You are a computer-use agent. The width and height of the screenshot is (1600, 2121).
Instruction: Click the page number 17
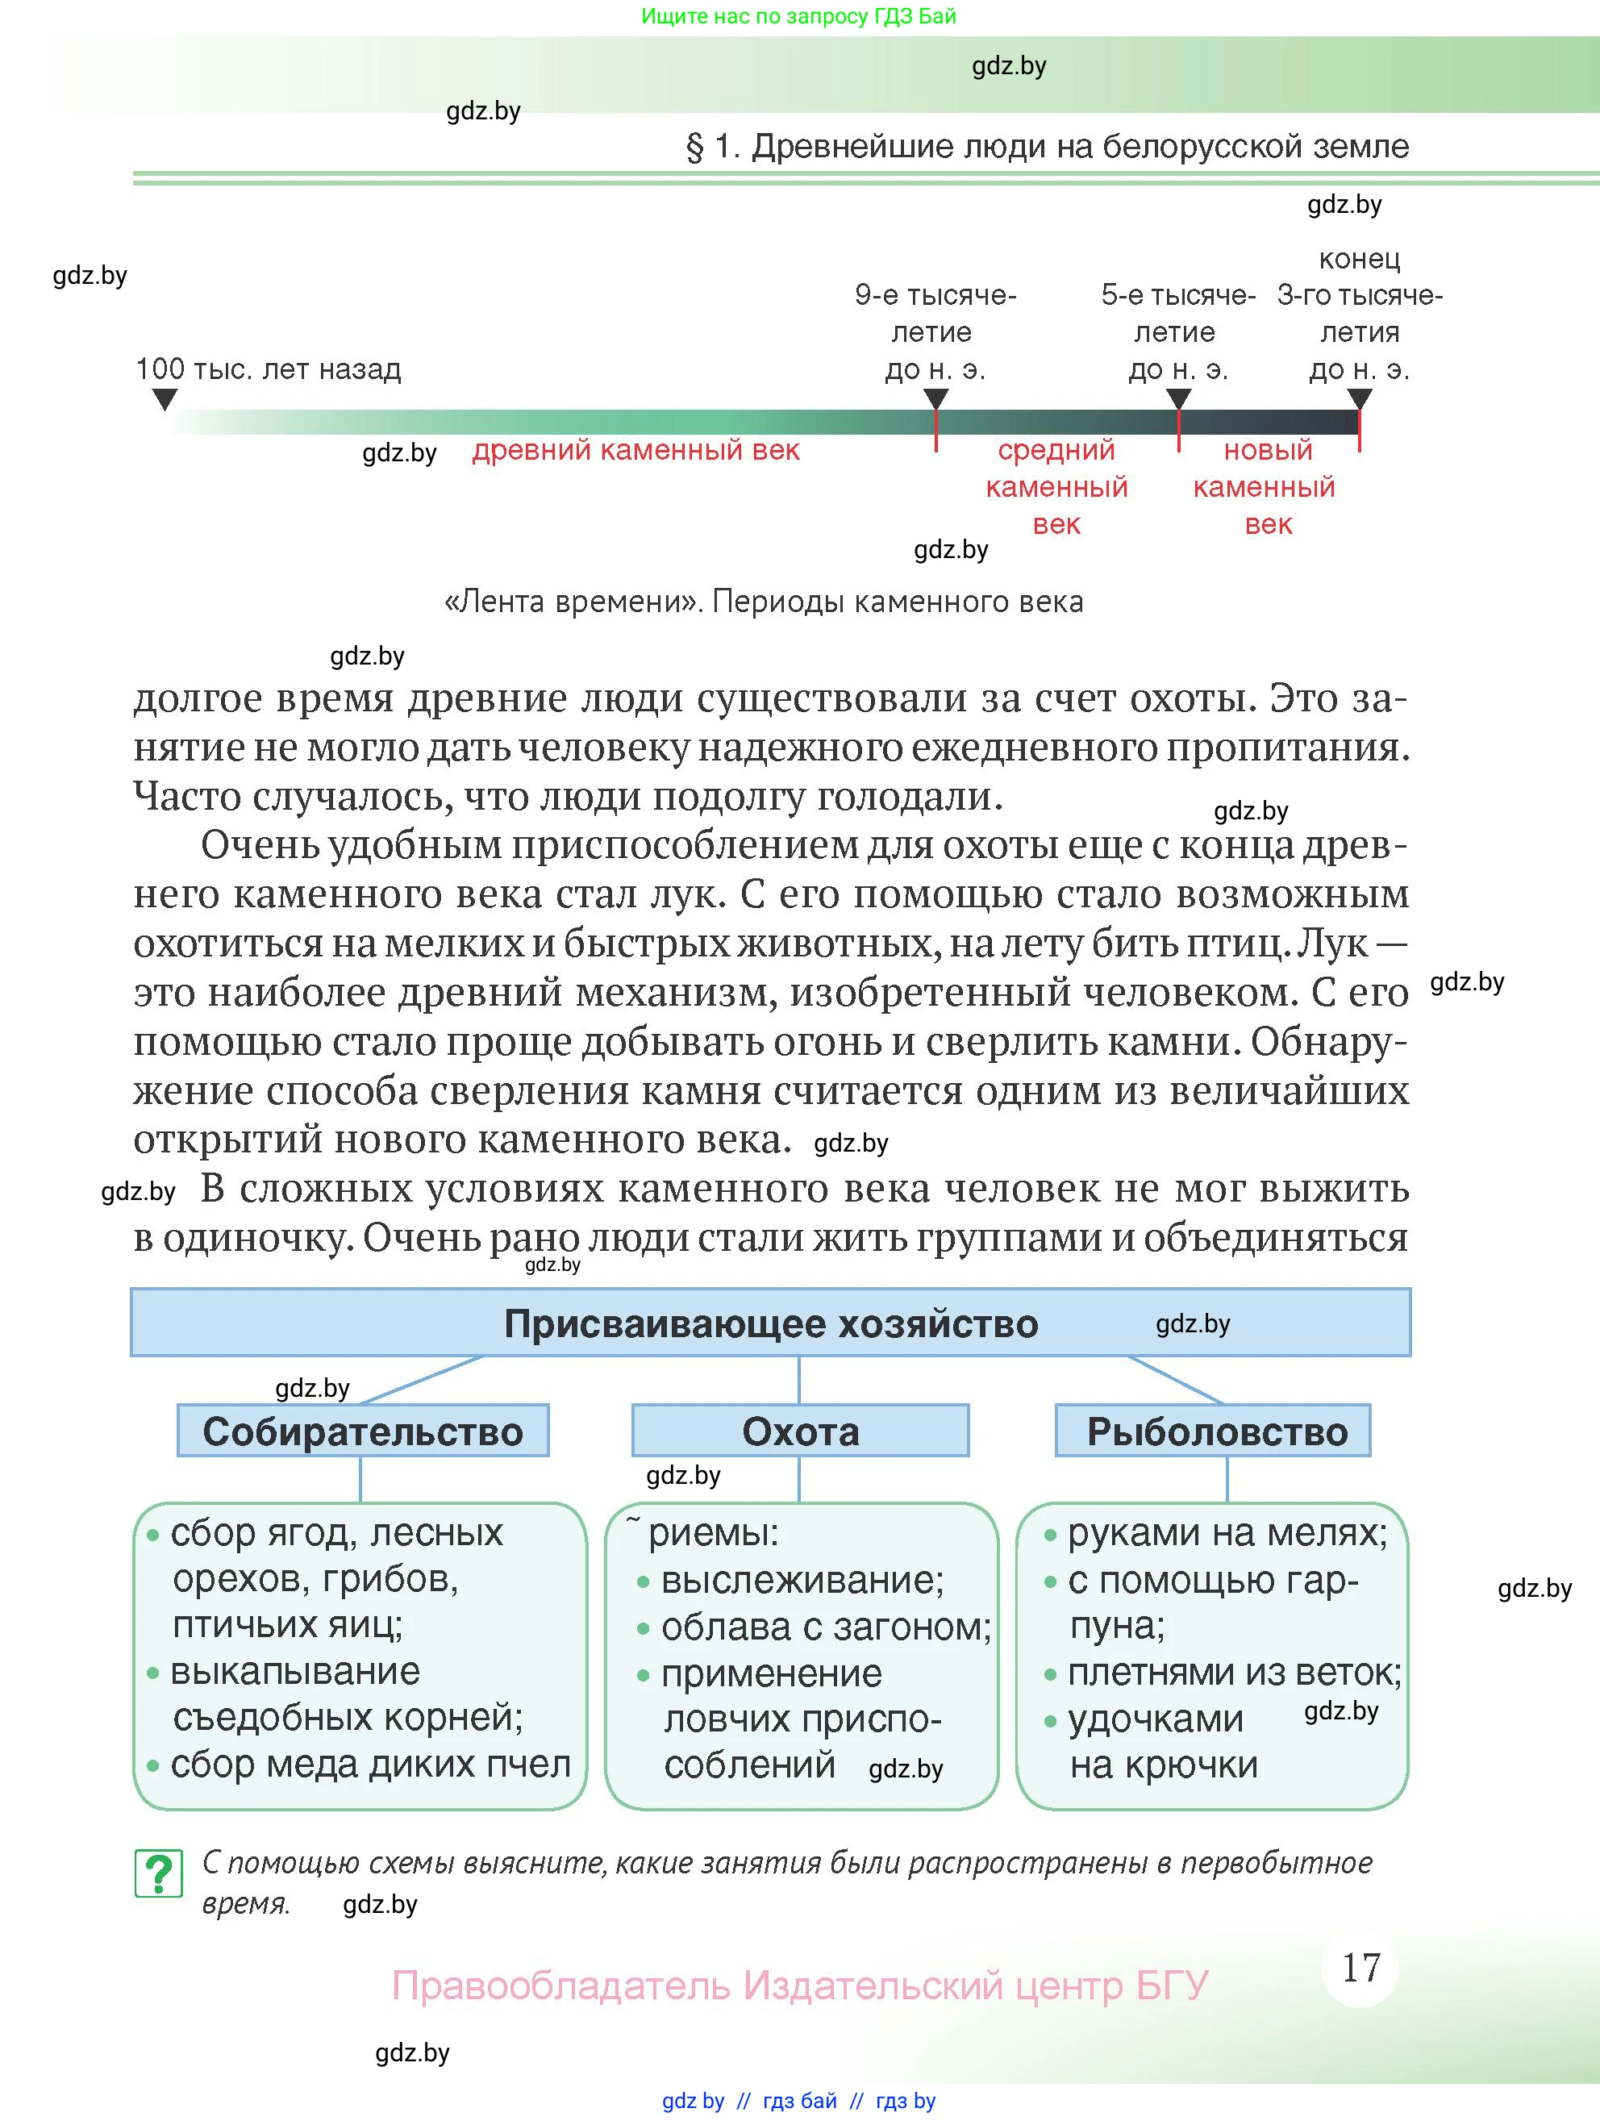pyautogui.click(x=1360, y=1968)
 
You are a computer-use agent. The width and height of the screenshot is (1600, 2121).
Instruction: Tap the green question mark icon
pyautogui.click(x=158, y=1873)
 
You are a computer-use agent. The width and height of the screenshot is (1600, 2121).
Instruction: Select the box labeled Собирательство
pyautogui.click(x=362, y=1431)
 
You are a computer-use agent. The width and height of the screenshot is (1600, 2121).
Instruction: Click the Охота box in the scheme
pyautogui.click(x=799, y=1431)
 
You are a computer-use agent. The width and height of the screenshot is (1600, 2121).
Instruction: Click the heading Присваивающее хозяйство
pyautogui.click(x=770, y=1323)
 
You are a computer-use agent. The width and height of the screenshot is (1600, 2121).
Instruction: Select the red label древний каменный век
pyautogui.click(x=635, y=451)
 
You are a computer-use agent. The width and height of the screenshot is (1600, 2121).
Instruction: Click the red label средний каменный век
pyautogui.click(x=1056, y=487)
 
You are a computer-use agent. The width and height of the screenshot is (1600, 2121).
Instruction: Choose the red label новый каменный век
pyautogui.click(x=1265, y=487)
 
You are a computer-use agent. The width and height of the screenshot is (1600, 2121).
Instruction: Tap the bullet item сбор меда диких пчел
pyautogui.click(x=369, y=1765)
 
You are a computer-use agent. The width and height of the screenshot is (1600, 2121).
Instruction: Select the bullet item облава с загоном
pyautogui.click(x=824, y=1627)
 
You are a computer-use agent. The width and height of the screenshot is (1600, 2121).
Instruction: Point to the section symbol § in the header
pyautogui.click(x=694, y=148)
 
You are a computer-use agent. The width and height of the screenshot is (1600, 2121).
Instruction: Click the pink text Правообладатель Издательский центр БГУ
pyautogui.click(x=798, y=1985)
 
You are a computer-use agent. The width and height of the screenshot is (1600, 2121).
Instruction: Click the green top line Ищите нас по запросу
pyautogui.click(x=798, y=16)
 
